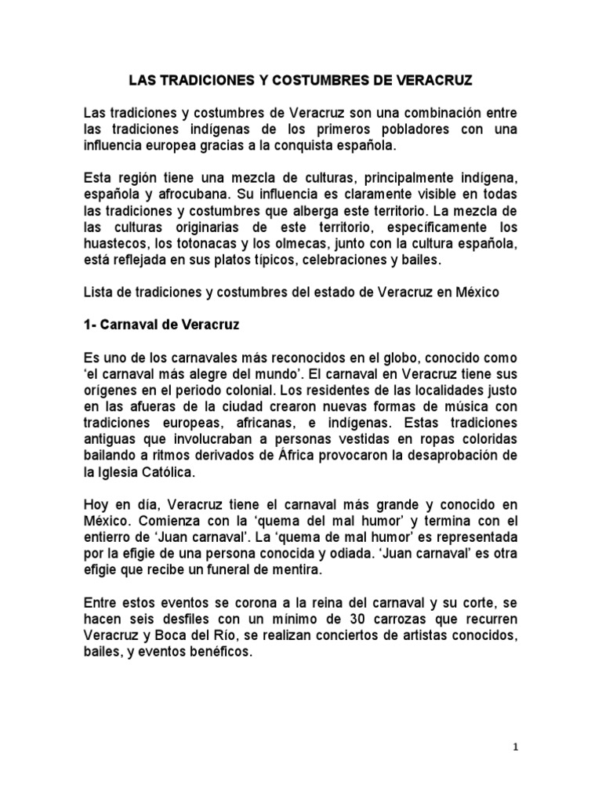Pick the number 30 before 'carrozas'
(352, 623)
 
